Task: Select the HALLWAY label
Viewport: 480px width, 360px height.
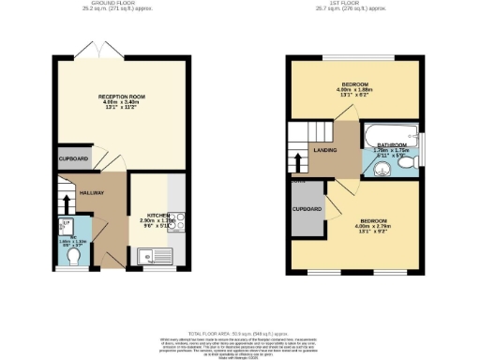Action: (91, 192)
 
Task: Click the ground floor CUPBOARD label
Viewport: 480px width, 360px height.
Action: (73, 159)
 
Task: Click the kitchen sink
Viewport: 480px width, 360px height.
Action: (152, 253)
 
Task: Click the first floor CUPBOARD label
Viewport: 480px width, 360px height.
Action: (307, 208)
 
